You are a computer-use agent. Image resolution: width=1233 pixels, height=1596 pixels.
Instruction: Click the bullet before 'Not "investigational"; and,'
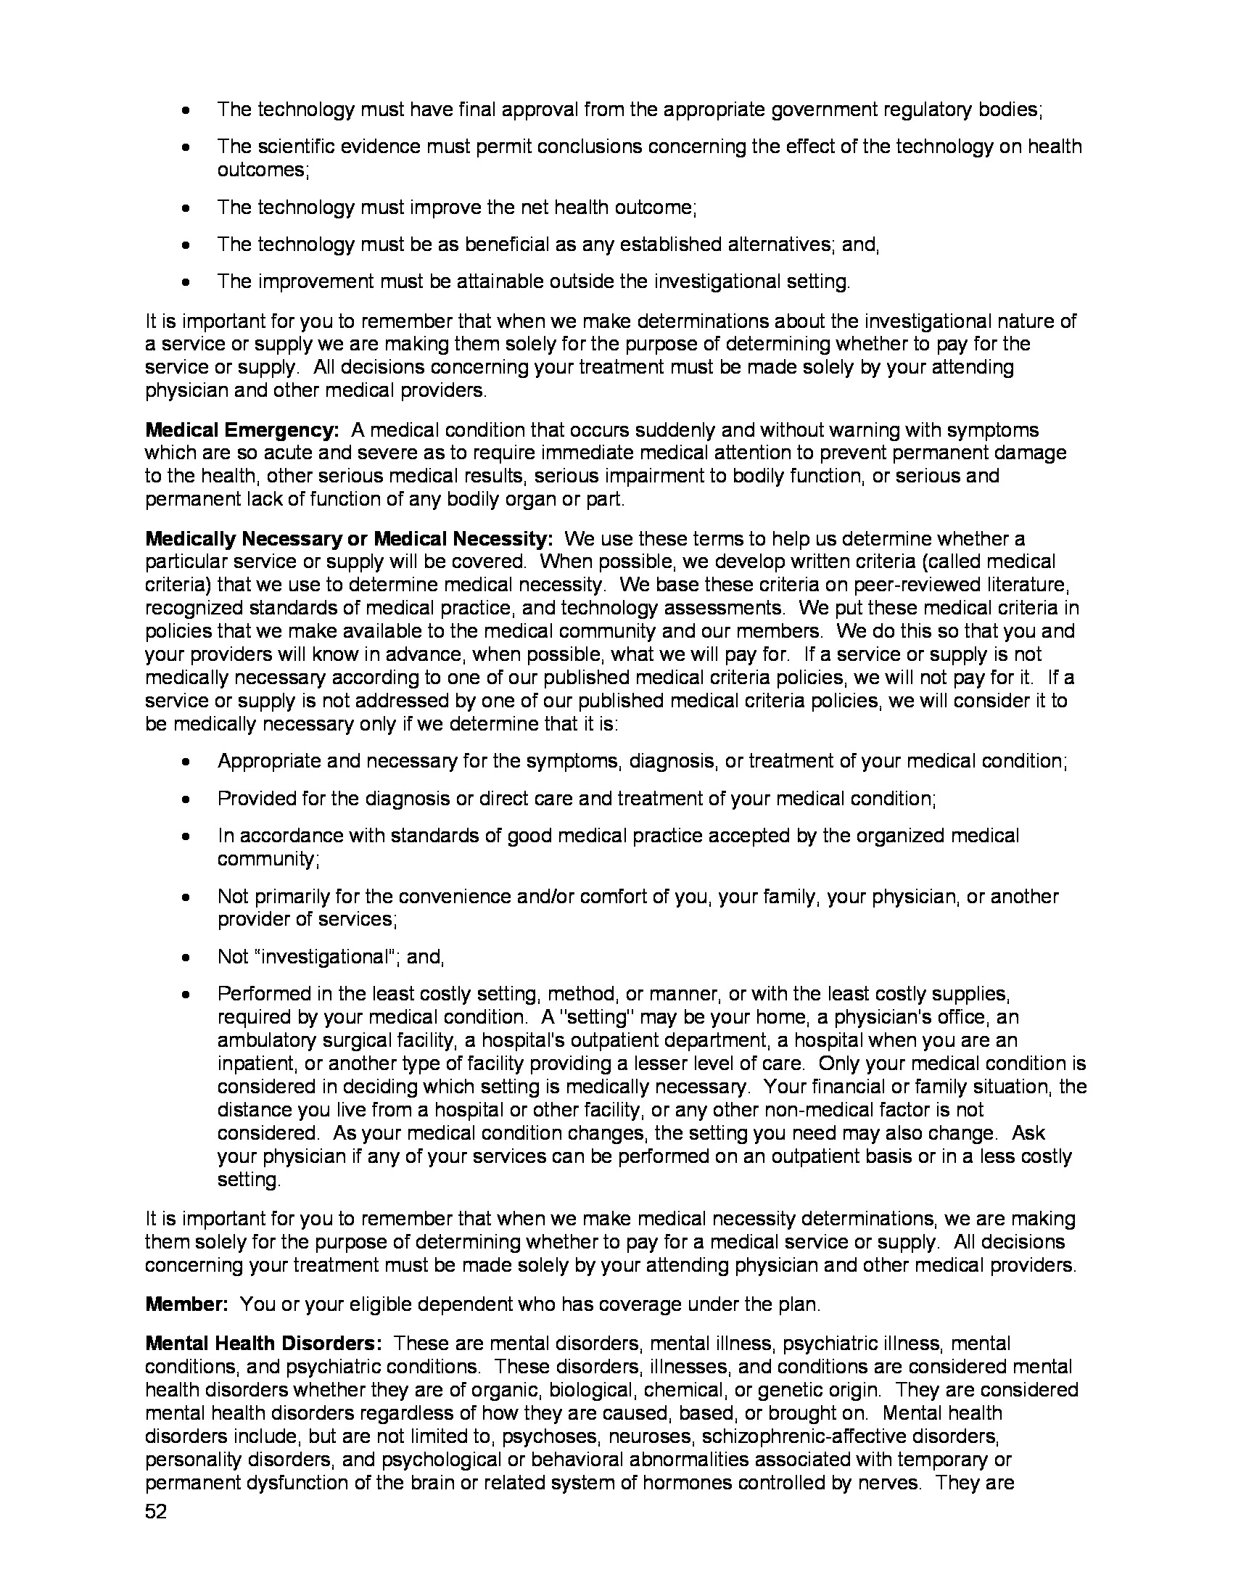[187, 958]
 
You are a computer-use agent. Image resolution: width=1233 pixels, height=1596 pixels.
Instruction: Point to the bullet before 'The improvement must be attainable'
[187, 281]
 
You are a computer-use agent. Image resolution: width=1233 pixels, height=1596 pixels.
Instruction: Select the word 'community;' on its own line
[268, 859]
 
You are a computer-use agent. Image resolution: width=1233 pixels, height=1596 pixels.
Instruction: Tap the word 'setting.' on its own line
[249, 1180]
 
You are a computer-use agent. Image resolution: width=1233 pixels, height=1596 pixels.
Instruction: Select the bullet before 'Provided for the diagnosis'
[187, 799]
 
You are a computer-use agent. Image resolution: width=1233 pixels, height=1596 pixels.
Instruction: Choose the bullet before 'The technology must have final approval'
[187, 110]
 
